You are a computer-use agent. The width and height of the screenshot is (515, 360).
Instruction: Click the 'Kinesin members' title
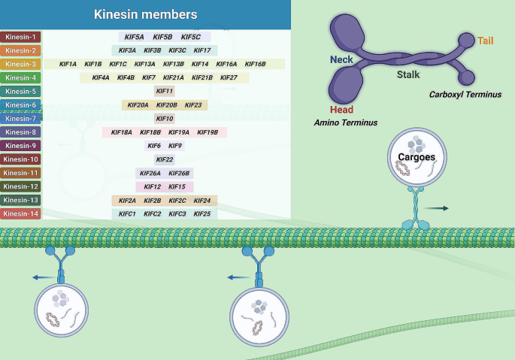pos(146,14)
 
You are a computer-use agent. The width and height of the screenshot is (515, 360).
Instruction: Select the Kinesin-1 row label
pos(21,37)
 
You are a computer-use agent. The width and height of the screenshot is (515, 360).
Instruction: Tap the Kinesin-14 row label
pos(21,213)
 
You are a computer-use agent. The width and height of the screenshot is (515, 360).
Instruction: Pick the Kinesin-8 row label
pos(21,132)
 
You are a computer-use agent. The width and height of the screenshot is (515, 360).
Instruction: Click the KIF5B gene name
pos(162,37)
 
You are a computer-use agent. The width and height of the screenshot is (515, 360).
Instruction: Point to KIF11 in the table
pos(164,91)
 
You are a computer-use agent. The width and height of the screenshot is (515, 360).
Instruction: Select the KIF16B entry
pos(255,64)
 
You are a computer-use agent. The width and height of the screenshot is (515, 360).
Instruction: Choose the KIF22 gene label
pos(164,159)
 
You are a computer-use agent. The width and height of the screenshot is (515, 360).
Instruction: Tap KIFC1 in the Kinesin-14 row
pos(127,213)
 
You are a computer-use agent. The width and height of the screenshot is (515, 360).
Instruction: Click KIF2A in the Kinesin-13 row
pos(128,201)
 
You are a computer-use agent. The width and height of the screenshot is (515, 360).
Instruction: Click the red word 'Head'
pos(341,110)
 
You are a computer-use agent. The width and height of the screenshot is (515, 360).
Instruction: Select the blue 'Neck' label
pos(341,59)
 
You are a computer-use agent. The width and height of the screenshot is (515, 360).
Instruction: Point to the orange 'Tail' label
pos(486,40)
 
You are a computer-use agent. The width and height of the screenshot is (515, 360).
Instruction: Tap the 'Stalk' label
pos(408,74)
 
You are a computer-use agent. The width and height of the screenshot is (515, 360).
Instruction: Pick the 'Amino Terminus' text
pos(346,122)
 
